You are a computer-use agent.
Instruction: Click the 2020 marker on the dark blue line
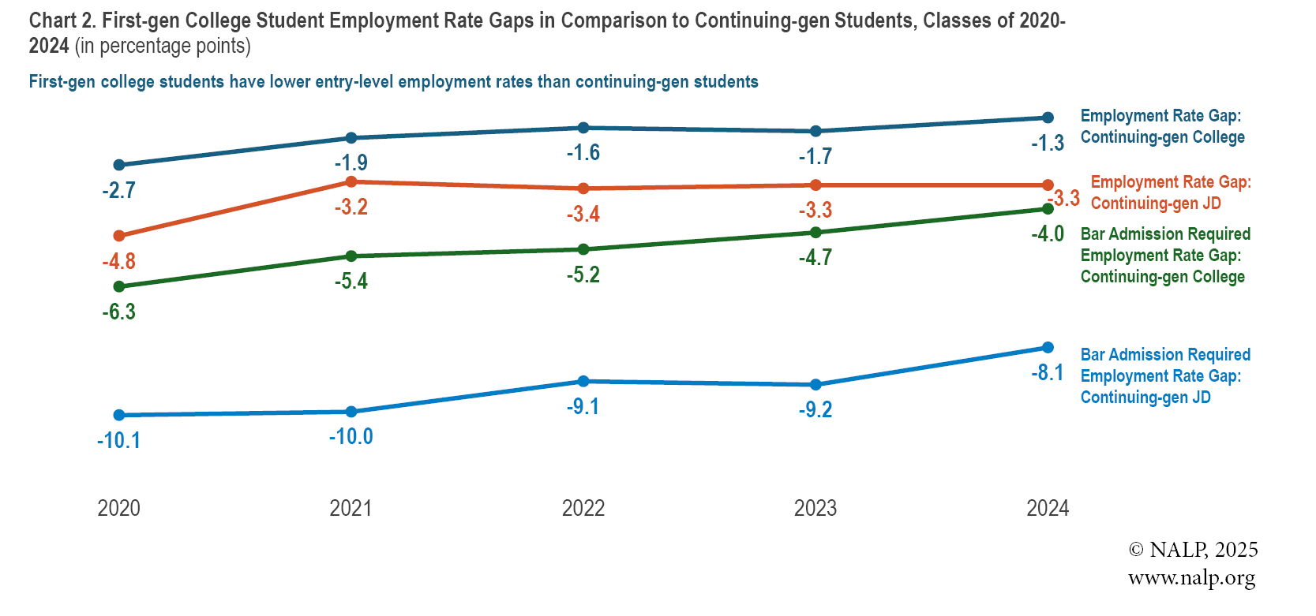119,165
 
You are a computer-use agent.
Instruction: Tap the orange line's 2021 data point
351,182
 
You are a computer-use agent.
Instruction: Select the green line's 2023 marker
815,233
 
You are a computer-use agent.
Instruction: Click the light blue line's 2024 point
1048,348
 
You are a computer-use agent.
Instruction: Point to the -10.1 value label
118,440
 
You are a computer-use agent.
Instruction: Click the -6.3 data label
118,312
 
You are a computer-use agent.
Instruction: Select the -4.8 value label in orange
118,261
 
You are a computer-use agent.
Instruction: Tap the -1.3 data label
1048,144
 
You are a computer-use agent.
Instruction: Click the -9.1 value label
583,406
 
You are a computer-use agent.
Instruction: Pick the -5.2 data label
583,274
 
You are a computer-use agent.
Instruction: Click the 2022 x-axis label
583,508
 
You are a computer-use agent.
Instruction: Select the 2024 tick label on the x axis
1047,508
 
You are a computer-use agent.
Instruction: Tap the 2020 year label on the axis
118,508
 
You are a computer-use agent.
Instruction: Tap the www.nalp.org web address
1191,577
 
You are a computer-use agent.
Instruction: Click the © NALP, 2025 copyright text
1193,550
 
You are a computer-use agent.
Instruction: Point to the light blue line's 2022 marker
583,382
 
